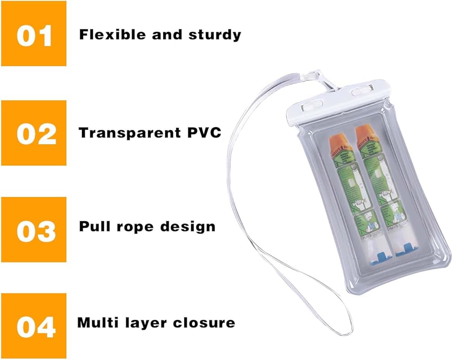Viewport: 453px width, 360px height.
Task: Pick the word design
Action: [191, 226]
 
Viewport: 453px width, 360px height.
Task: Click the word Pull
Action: [94, 226]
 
